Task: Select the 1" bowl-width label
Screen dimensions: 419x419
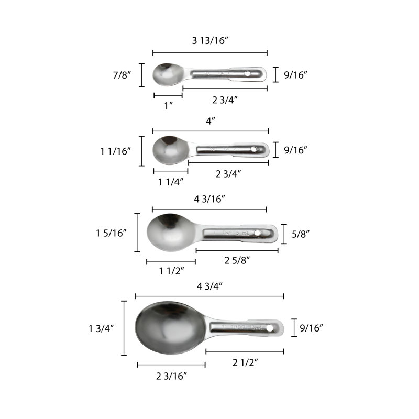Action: point(169,105)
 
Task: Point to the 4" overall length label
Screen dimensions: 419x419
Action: point(211,120)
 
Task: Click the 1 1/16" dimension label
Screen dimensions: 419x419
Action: point(116,151)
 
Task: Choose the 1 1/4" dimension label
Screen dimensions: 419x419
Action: point(170,181)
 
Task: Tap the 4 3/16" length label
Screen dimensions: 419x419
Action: point(210,199)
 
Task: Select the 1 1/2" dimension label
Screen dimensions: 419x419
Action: point(171,271)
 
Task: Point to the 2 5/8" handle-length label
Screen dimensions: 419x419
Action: point(237,260)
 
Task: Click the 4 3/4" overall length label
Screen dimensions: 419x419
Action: point(210,286)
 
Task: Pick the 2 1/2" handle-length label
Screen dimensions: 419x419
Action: point(245,361)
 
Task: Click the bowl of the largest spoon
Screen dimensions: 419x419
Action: point(168,328)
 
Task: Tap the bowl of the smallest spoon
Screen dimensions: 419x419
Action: point(167,74)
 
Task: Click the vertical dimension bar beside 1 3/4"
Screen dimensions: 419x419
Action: point(124,328)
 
